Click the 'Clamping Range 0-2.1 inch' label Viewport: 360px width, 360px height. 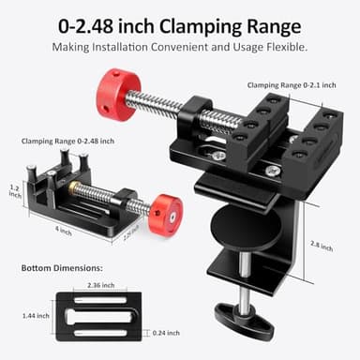click(302, 85)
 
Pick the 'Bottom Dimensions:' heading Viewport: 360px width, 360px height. click(62, 268)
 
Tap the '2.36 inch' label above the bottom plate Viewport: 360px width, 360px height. click(101, 284)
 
